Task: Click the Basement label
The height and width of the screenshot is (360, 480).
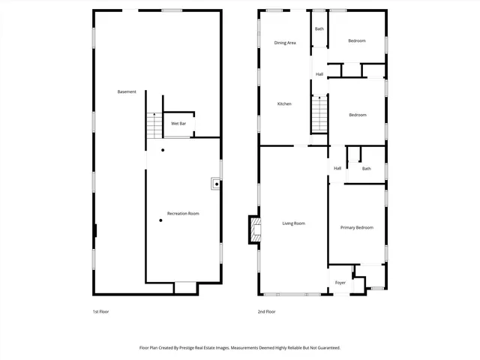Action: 127,91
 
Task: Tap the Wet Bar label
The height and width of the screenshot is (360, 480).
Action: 178,123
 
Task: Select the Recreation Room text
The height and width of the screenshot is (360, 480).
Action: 183,214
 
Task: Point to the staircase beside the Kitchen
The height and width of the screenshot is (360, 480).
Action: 320,113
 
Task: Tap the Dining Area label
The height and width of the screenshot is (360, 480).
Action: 285,43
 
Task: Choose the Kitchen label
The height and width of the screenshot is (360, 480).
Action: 284,103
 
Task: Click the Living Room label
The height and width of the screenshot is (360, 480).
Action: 293,223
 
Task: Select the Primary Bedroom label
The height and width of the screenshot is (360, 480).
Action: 356,227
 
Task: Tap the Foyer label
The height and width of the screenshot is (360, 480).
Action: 340,283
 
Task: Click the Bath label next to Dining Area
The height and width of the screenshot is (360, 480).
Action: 319,28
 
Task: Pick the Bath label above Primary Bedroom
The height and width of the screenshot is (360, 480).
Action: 366,169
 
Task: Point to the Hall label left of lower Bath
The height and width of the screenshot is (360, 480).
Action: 337,168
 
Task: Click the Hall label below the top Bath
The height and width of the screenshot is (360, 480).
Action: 319,74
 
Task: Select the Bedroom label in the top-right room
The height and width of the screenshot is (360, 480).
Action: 357,40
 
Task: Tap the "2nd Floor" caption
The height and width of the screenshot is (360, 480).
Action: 266,311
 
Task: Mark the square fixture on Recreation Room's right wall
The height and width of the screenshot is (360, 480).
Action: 216,182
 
